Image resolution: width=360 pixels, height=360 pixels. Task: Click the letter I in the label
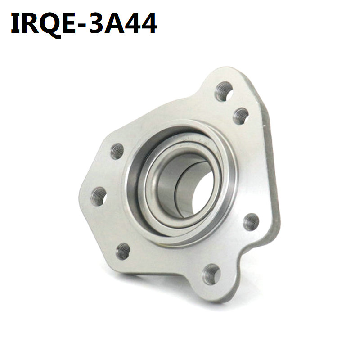click(16, 23)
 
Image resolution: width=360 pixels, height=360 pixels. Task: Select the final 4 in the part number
click(149, 23)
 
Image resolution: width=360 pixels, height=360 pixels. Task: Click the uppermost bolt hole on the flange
click(224, 91)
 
